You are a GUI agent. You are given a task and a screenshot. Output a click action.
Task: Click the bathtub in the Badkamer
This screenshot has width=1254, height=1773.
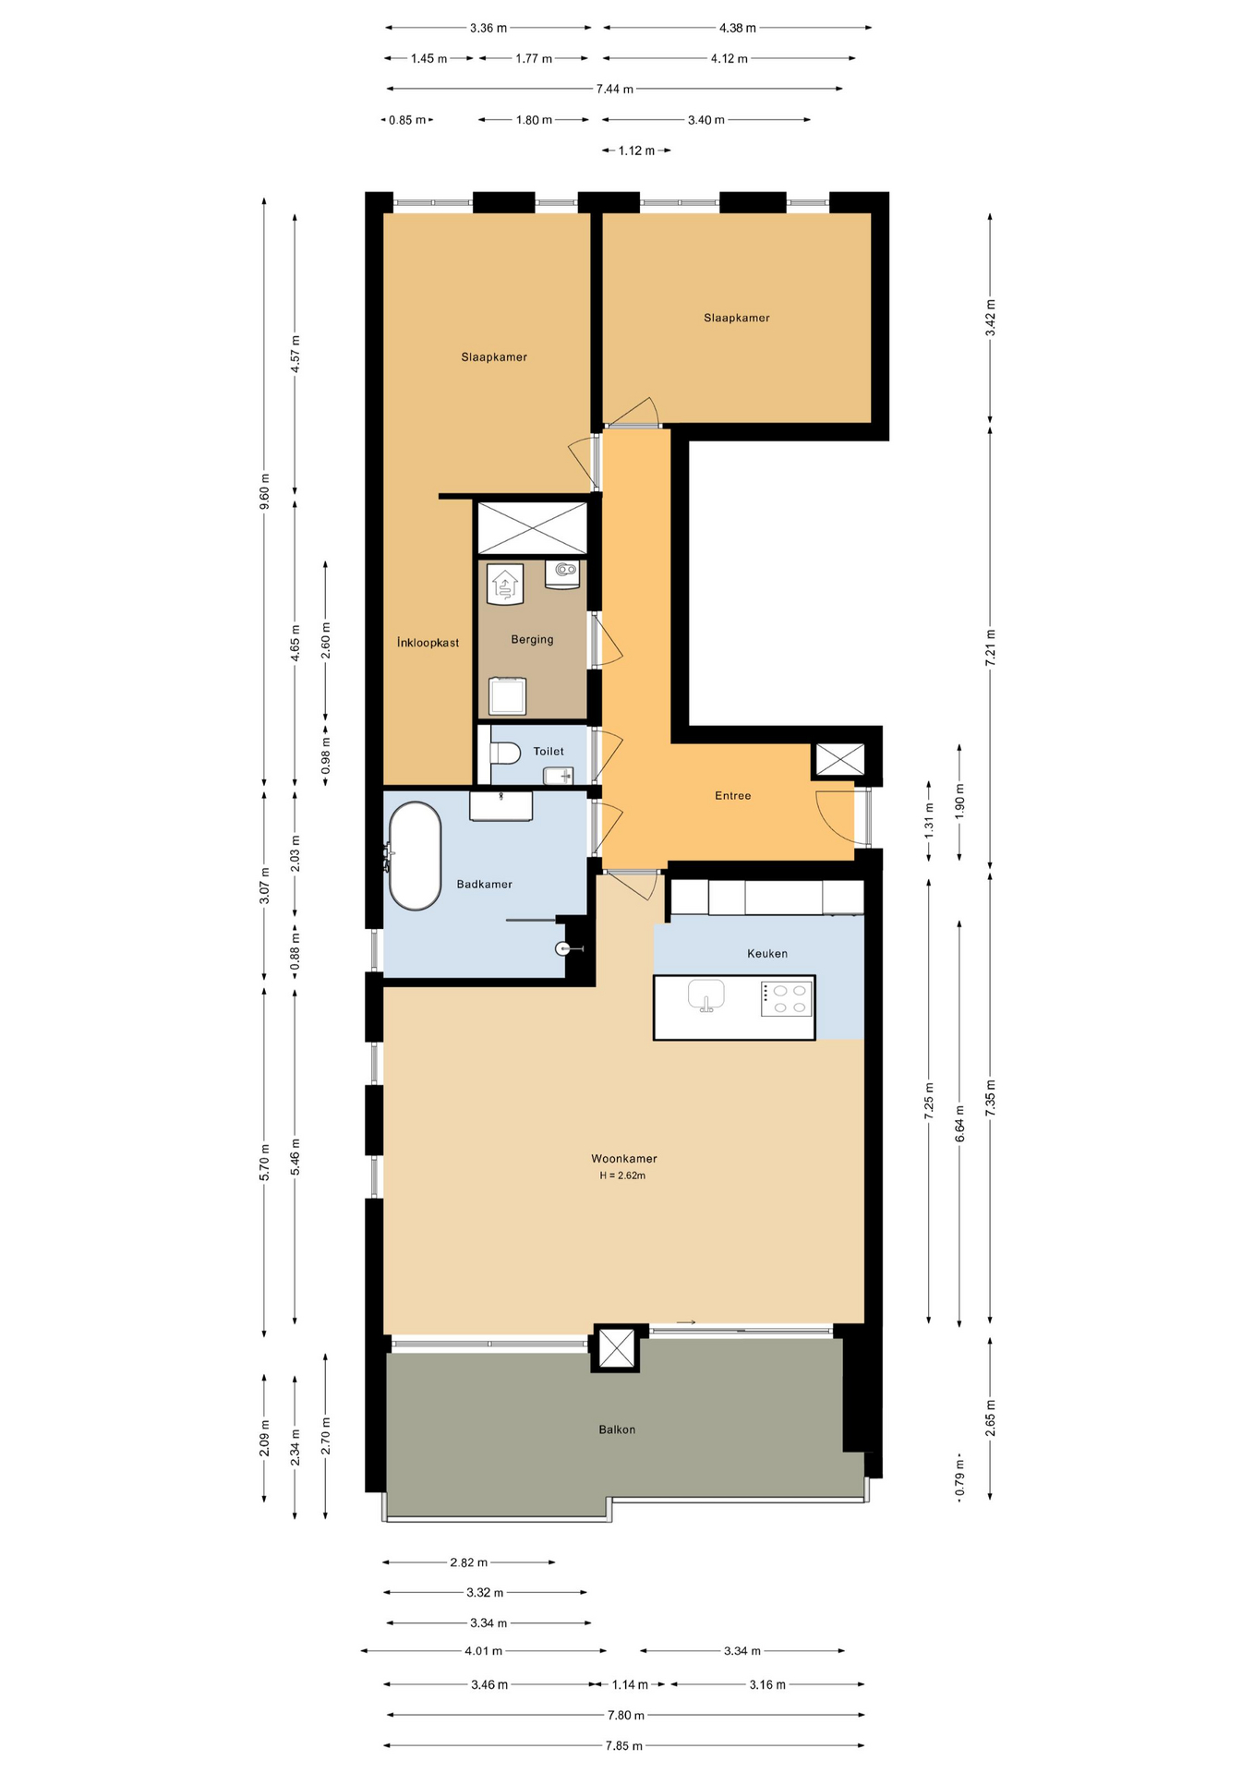pos(415,856)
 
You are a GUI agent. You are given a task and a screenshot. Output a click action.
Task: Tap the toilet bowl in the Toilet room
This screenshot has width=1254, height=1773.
pos(504,753)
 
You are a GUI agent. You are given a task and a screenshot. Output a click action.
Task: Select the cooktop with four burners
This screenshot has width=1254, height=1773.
pos(786,999)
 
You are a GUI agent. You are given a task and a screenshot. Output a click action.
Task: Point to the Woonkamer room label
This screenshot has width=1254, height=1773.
pos(624,1158)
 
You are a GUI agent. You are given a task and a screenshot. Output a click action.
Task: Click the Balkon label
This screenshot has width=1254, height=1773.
pos(617,1429)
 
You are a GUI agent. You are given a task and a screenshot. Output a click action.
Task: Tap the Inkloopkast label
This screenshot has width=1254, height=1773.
pos(428,643)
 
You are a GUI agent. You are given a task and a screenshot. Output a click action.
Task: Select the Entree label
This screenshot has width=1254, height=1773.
pos(732,795)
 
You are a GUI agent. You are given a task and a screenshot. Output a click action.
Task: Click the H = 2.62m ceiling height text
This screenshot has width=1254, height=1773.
pos(622,1176)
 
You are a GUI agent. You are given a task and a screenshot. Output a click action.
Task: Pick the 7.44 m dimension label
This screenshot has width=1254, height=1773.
pos(614,89)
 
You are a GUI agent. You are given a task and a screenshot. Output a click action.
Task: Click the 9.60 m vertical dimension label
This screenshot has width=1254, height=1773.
pos(265,491)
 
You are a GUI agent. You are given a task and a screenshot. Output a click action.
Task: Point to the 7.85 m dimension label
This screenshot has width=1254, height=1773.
pos(623,1745)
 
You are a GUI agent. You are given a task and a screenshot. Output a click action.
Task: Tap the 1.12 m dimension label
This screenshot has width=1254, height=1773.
pos(636,151)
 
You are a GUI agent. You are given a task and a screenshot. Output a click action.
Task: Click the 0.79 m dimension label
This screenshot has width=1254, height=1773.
pos(959,1477)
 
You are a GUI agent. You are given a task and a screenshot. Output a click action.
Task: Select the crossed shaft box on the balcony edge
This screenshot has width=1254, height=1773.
pos(615,1348)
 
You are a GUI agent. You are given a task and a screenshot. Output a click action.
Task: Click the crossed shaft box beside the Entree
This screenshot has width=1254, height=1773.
pos(840,760)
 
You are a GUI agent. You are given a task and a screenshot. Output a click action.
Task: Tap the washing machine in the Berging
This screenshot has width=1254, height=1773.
pos(507,695)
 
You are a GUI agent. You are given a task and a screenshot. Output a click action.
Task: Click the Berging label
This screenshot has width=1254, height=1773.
pos(532,639)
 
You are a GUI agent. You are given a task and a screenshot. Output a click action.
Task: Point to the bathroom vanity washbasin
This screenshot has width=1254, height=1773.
pos(500,806)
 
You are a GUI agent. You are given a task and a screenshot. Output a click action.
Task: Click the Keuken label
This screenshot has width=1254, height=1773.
pos(767,953)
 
